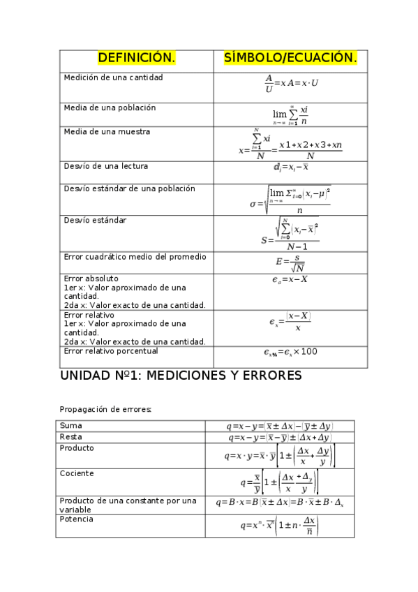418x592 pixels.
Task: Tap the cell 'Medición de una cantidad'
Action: coord(113,77)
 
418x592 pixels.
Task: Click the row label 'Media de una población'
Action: coord(110,108)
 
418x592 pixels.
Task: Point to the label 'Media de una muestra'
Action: coord(106,131)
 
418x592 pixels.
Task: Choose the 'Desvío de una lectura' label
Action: coord(105,166)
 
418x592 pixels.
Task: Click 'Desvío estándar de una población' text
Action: coord(129,188)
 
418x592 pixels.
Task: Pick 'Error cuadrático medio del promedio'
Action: coord(135,257)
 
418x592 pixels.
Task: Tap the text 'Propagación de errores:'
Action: coord(105,409)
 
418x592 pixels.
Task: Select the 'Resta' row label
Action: coord(72,436)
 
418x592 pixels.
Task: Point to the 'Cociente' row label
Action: coord(77,473)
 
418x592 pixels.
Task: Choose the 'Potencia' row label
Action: coord(77,519)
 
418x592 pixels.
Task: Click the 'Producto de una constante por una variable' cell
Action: coord(128,505)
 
